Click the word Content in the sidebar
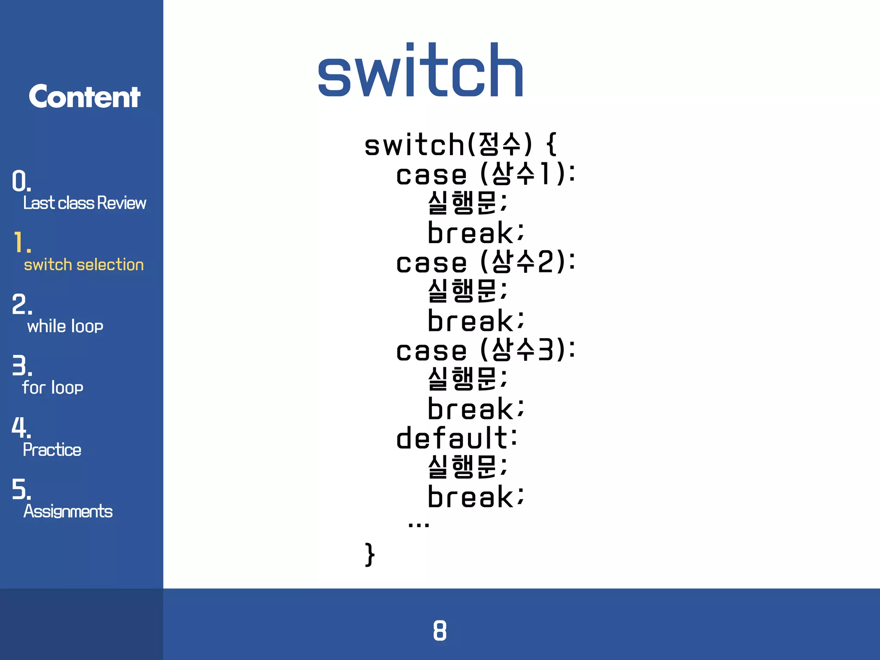pos(84,96)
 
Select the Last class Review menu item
pos(85,203)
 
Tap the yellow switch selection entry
pos(84,265)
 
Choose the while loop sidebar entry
pos(65,326)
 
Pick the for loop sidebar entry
pos(52,388)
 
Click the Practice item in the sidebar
pos(52,449)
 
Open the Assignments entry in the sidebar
pos(68,511)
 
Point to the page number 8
pos(440,630)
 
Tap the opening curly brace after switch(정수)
pos(552,144)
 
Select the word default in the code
pos(452,438)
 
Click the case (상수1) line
pos(486,174)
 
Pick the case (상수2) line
pos(486,262)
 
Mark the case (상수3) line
pos(486,350)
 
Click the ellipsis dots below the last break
pos(419,524)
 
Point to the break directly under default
pos(476,497)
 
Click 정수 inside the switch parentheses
pos(500,144)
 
